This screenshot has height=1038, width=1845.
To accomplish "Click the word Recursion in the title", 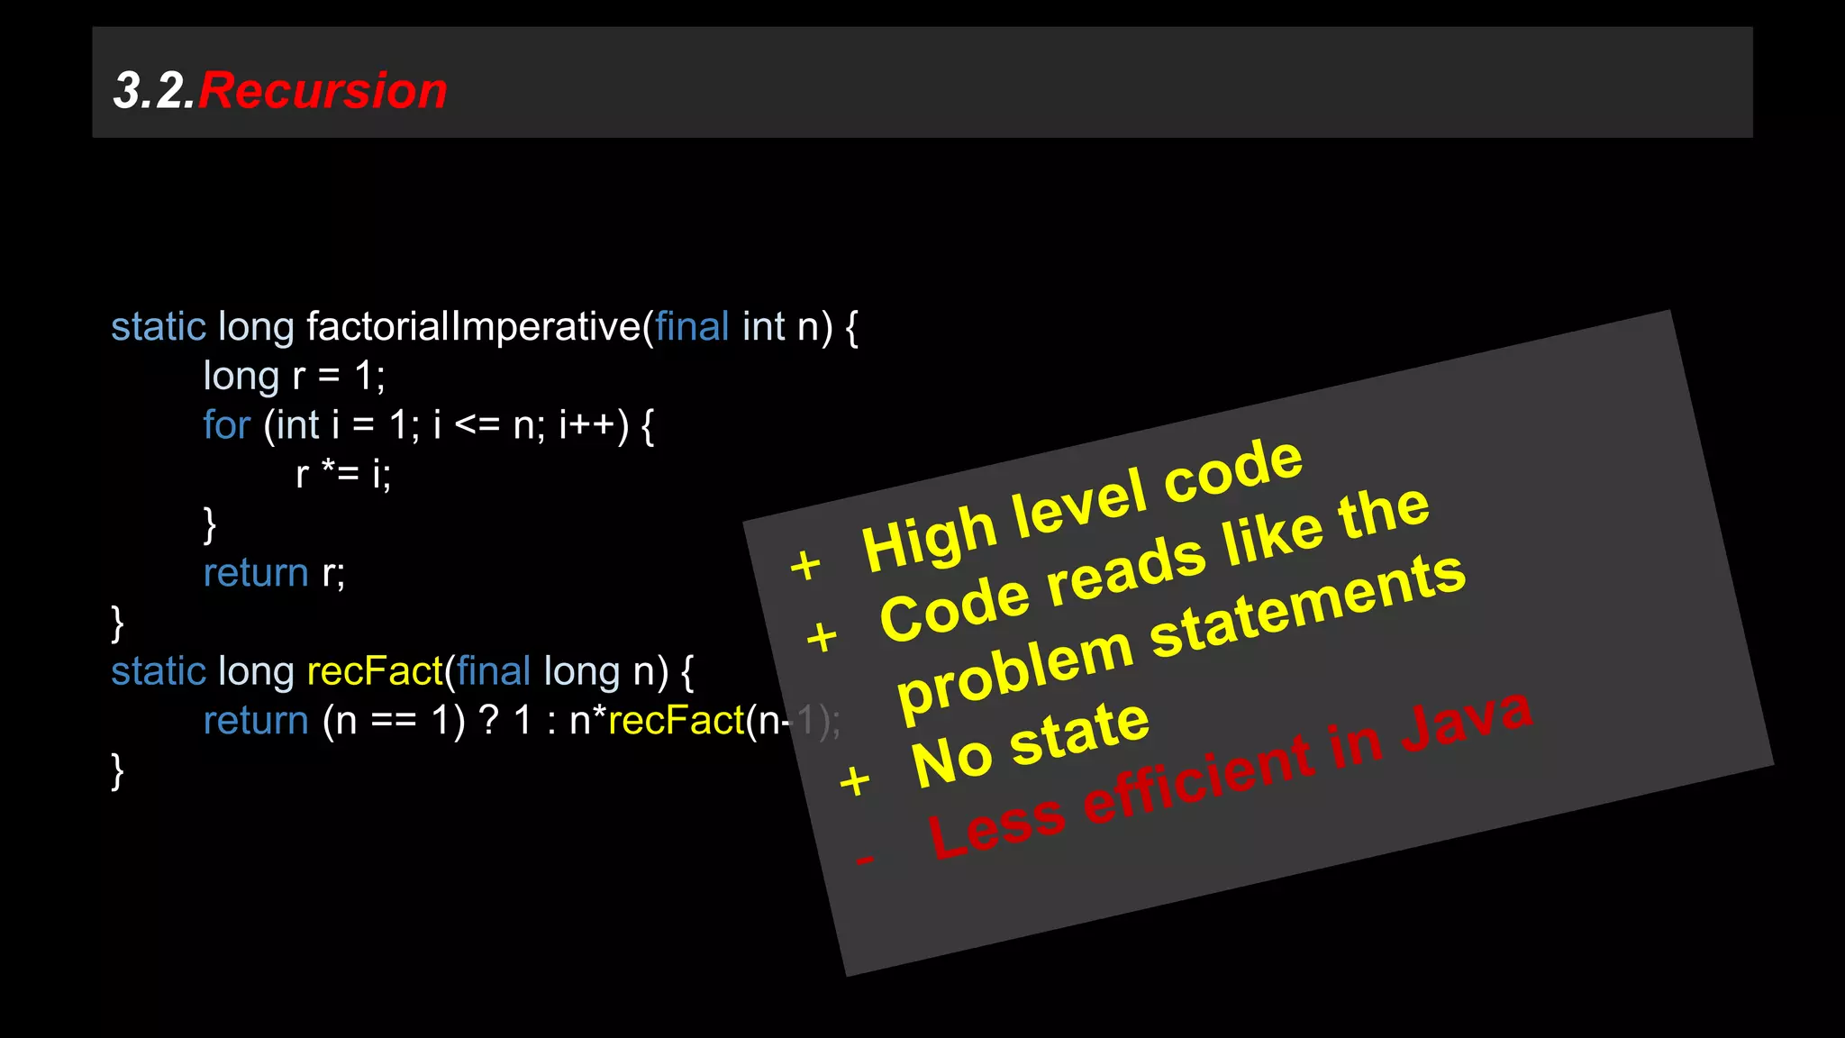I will click(323, 91).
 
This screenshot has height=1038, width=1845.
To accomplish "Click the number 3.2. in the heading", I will click(154, 91).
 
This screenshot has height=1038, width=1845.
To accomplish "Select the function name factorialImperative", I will click(474, 326).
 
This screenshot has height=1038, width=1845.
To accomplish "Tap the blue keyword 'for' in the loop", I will click(226, 424).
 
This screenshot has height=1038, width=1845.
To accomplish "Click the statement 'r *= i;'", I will click(343, 474).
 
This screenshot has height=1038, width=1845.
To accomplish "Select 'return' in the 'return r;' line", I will click(256, 573).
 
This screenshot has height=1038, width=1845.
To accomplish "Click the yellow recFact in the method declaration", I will click(375, 671).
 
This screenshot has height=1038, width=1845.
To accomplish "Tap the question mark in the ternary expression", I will click(489, 721).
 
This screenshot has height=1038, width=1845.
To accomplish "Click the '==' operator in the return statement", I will click(394, 721).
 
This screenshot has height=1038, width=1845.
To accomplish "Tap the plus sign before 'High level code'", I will click(805, 566).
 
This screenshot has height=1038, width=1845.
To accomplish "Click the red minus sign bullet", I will click(865, 860).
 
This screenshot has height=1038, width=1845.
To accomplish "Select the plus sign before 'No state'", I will click(854, 780).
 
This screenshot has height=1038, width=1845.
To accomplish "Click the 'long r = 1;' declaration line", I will click(294, 376).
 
